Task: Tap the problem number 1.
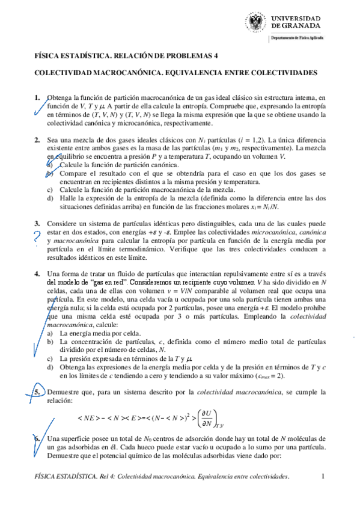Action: [x=37, y=97]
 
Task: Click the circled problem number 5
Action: [x=37, y=392]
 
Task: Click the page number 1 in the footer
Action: [x=323, y=477]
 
